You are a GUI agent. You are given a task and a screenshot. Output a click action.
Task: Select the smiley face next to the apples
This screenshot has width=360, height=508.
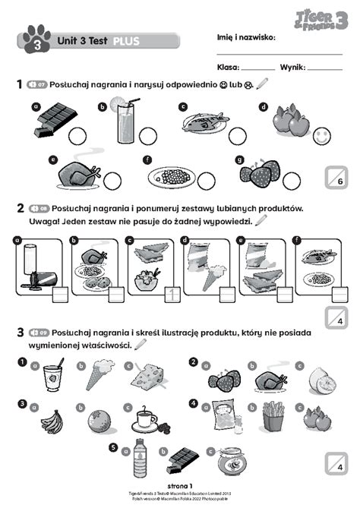(x=320, y=136)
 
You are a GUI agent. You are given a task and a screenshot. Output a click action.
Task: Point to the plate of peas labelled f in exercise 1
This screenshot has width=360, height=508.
(x=171, y=176)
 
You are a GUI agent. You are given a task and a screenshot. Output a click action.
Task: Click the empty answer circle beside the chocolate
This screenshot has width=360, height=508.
(x=77, y=136)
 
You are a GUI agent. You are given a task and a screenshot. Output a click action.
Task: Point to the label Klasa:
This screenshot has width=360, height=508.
(x=229, y=68)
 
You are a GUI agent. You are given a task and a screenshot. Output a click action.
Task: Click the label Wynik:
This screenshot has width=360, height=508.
(x=292, y=68)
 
